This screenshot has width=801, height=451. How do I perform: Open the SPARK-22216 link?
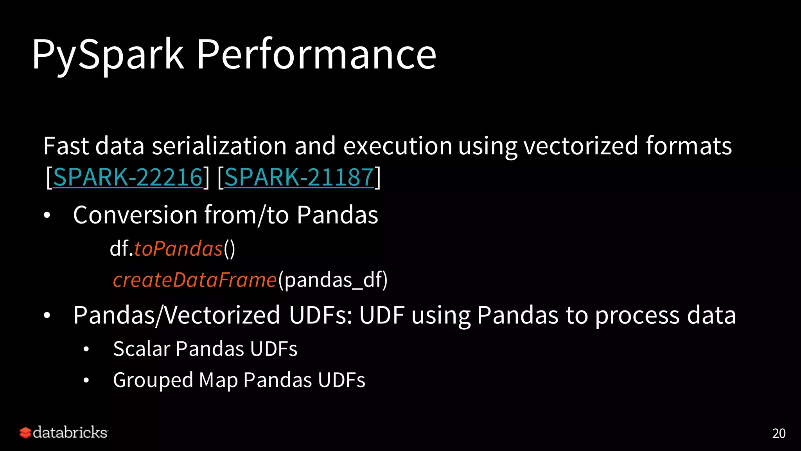(128, 177)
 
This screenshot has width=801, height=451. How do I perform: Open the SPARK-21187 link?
(299, 177)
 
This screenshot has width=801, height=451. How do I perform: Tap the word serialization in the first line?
(219, 146)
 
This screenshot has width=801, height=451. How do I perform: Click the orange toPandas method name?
(178, 249)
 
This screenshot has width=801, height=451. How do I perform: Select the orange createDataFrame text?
(194, 280)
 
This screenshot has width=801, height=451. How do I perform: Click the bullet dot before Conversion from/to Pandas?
(47, 216)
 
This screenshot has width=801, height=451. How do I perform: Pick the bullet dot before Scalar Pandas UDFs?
(86, 349)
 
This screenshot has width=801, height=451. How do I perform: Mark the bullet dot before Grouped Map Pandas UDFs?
(86, 380)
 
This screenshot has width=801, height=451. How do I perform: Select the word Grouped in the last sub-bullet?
(153, 381)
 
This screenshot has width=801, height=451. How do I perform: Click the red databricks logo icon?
(25, 433)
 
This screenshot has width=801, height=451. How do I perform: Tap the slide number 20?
(779, 433)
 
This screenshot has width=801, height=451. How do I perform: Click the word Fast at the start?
(66, 146)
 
